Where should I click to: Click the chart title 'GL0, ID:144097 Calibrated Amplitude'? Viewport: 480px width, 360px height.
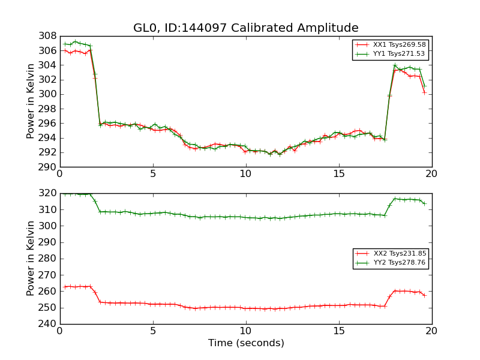click(x=245, y=28)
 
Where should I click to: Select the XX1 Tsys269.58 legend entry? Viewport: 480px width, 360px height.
click(x=390, y=44)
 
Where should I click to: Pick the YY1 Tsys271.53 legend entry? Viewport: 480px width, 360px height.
click(x=390, y=53)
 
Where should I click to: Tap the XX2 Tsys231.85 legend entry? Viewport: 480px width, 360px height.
click(x=391, y=254)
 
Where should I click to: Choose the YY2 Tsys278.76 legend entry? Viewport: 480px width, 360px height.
click(x=391, y=263)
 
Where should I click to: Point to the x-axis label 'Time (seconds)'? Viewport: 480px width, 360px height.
click(x=246, y=343)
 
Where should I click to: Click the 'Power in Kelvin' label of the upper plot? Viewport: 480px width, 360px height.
click(x=31, y=101)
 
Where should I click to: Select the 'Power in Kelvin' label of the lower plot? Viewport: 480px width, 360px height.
click(x=31, y=259)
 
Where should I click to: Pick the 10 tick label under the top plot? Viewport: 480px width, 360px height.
click(x=245, y=174)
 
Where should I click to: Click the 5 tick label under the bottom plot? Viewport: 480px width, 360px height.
click(x=152, y=331)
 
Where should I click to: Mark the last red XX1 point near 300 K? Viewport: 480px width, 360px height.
click(x=424, y=92)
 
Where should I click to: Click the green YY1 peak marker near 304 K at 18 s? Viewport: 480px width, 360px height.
click(x=395, y=65)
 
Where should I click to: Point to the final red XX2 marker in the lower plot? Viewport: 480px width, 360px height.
click(x=424, y=295)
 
